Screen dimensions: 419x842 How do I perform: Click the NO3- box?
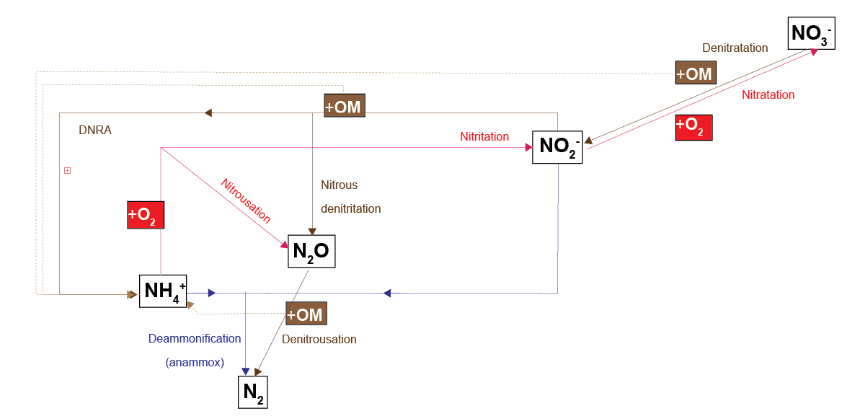click(x=810, y=32)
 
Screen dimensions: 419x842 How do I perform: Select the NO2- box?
click(x=557, y=147)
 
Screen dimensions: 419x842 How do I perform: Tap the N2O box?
click(x=311, y=252)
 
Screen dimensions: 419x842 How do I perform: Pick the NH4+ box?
click(x=164, y=291)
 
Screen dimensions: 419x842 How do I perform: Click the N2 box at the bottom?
click(x=252, y=392)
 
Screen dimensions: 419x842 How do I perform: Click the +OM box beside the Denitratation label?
click(x=695, y=73)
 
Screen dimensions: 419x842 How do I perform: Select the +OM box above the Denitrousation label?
click(x=306, y=314)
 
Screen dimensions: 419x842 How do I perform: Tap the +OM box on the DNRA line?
click(x=344, y=106)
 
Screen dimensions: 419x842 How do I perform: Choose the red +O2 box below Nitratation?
click(x=693, y=126)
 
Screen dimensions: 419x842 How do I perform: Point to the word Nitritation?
click(x=484, y=136)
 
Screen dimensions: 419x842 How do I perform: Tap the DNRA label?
click(x=95, y=131)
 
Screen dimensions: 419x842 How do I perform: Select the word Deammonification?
click(x=195, y=338)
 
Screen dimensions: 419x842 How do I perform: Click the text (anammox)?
click(x=195, y=363)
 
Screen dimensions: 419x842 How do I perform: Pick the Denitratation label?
click(x=735, y=48)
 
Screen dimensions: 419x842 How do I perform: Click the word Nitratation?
click(x=768, y=94)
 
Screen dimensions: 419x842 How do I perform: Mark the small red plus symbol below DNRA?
click(x=67, y=171)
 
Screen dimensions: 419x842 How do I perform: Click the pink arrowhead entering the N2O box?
click(x=284, y=244)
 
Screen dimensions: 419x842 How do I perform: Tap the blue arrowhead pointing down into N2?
click(x=246, y=370)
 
